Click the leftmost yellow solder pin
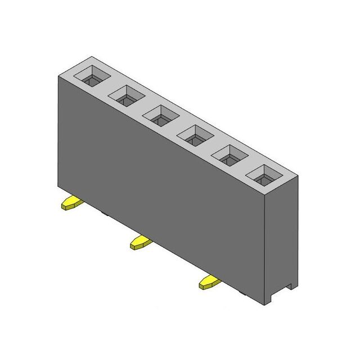point(73,203)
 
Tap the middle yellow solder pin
point(141,242)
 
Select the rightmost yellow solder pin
point(209,282)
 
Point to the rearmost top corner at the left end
point(92,57)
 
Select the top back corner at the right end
point(298,176)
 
